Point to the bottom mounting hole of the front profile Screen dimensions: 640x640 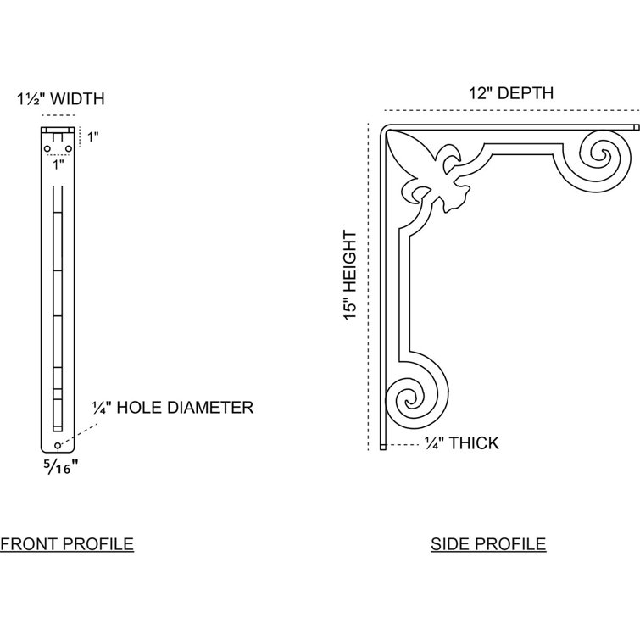[x=57, y=445]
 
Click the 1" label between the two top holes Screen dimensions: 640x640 [x=57, y=164]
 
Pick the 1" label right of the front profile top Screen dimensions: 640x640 [x=93, y=136]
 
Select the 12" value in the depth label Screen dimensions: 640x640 [x=480, y=93]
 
